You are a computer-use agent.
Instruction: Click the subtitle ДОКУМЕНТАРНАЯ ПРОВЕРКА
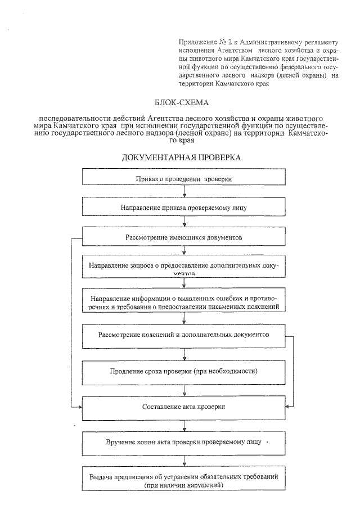point(181,157)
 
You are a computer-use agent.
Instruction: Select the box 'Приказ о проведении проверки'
point(184,178)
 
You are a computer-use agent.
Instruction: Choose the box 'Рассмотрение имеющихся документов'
point(184,237)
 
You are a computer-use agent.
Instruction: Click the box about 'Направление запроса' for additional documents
point(184,267)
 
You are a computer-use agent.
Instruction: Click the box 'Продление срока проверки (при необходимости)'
point(184,372)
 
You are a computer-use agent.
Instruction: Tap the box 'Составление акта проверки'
point(184,407)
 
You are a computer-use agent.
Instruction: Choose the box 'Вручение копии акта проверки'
point(184,442)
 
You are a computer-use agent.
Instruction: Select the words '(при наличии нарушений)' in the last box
point(184,484)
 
